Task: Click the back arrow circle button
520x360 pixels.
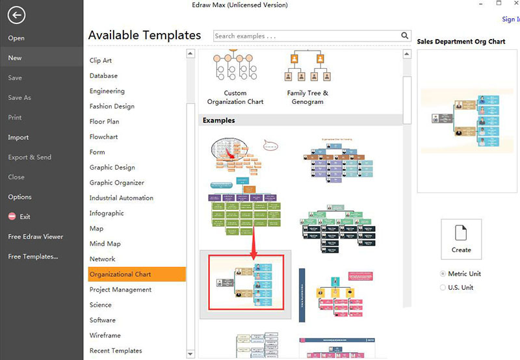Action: [x=16, y=16]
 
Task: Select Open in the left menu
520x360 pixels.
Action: [x=16, y=38]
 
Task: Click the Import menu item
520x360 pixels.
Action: [x=18, y=138]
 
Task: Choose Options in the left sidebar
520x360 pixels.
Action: [x=19, y=197]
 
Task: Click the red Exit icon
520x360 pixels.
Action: [x=12, y=216]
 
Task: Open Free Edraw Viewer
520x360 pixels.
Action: [x=35, y=237]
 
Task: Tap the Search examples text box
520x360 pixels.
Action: [x=305, y=36]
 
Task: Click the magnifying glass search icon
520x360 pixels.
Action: [x=405, y=36]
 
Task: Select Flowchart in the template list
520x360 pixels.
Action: [x=104, y=137]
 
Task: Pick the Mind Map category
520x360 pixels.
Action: [x=105, y=244]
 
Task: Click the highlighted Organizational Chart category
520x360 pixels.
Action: [x=120, y=274]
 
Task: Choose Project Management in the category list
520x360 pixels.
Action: [x=121, y=290]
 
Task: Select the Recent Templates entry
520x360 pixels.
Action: [x=116, y=351]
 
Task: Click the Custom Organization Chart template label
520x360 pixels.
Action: [x=235, y=97]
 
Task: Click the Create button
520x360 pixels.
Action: [x=461, y=238]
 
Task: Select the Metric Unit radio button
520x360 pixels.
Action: [x=443, y=274]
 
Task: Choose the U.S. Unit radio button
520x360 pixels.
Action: [x=443, y=287]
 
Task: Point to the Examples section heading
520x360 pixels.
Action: [x=218, y=120]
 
